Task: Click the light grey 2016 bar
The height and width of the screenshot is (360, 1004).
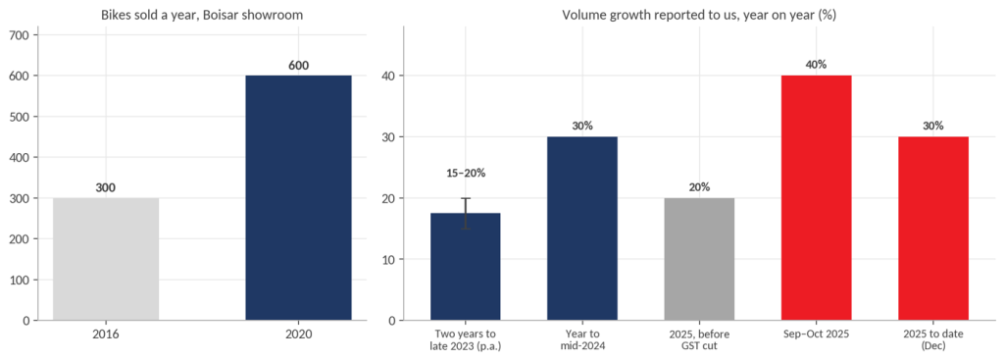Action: (106, 259)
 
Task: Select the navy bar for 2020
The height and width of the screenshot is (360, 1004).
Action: (298, 198)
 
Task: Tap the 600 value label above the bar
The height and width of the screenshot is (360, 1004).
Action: (298, 66)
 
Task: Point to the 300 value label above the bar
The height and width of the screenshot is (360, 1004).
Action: (106, 187)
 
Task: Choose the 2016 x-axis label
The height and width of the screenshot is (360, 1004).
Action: (106, 334)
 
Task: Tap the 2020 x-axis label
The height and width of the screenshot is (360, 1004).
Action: (298, 334)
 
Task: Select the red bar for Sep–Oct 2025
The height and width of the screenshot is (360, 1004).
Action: (817, 198)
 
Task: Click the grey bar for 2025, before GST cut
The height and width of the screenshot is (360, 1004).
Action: (699, 259)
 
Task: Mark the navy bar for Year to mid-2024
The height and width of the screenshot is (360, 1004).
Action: (582, 229)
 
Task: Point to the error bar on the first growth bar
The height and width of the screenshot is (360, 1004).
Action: (466, 213)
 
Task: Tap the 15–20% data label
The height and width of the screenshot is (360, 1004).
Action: (466, 173)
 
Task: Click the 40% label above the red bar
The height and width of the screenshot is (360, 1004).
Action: (817, 65)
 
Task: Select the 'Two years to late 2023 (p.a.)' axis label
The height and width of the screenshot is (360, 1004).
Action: (466, 340)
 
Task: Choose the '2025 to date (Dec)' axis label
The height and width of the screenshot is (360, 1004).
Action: (933, 340)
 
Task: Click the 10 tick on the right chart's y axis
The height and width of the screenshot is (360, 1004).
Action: (390, 259)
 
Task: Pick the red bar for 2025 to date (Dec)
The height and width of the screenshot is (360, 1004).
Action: (933, 229)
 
